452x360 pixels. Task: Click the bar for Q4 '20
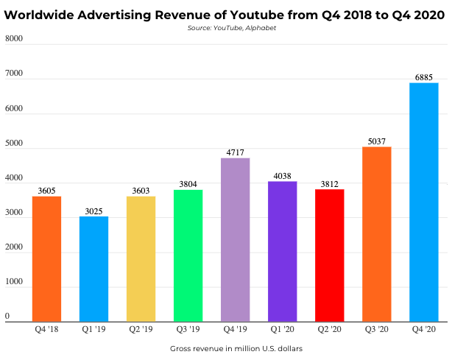click(423, 202)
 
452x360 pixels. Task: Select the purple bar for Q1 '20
click(282, 251)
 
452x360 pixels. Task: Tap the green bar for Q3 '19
click(188, 255)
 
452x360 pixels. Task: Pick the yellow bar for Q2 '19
click(141, 258)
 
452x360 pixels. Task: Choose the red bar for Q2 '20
click(329, 255)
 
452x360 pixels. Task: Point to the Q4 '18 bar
click(46, 258)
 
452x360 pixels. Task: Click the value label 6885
click(423, 77)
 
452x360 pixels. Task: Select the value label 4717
click(235, 152)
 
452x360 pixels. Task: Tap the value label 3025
click(93, 211)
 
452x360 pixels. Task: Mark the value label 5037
click(376, 141)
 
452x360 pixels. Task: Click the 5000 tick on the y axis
click(14, 143)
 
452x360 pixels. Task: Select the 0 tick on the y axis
click(7, 317)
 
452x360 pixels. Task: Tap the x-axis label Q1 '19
click(93, 329)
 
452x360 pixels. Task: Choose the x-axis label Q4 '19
click(235, 329)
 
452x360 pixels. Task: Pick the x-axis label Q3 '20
click(376, 329)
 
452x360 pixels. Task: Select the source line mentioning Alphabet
click(226, 28)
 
